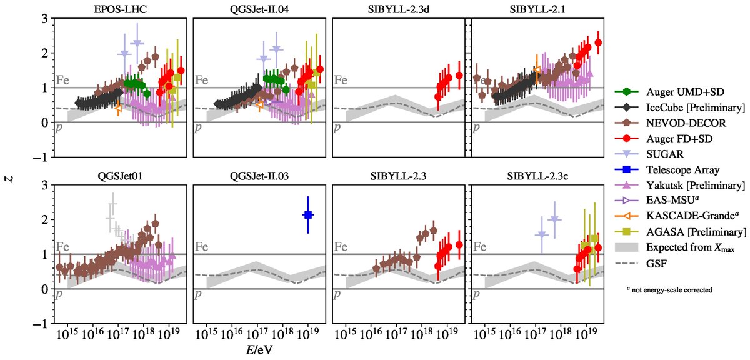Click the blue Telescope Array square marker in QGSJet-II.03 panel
(308, 215)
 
